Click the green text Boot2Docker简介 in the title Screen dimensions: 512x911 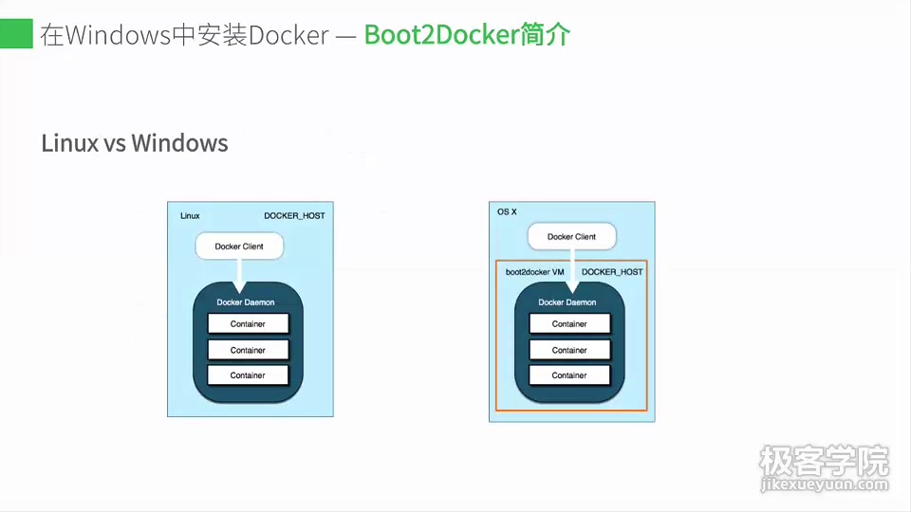[467, 35]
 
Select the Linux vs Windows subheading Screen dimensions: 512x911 [135, 143]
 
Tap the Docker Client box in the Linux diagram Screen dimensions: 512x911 [239, 247]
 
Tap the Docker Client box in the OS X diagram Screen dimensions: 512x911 [571, 237]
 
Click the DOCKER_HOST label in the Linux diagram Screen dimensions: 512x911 [294, 216]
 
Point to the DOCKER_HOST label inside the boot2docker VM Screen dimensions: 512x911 [612, 272]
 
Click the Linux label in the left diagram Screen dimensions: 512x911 [190, 216]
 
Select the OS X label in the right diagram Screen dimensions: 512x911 [507, 211]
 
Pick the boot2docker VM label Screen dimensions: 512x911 [535, 272]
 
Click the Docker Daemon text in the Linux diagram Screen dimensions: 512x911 [246, 302]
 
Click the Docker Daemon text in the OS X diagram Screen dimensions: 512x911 [567, 302]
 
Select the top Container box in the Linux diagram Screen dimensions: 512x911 [248, 324]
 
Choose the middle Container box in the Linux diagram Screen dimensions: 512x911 [248, 350]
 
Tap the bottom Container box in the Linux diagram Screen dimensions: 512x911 [248, 375]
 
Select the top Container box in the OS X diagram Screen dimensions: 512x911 [569, 324]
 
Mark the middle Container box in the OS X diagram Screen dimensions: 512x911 [569, 350]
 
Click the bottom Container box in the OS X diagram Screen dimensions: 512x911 [569, 375]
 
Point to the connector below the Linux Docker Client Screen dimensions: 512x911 [239, 275]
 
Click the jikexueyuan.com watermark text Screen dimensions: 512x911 [824, 485]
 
